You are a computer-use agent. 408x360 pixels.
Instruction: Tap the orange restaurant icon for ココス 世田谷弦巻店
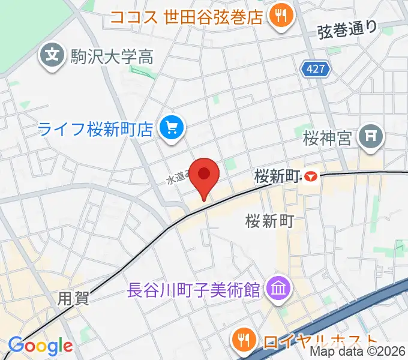point(280,14)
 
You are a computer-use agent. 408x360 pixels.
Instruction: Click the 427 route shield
point(316,70)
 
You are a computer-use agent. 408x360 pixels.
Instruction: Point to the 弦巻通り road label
point(348,28)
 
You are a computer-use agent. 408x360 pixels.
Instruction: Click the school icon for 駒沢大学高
point(52,56)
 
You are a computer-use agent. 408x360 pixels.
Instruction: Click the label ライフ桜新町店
point(97,128)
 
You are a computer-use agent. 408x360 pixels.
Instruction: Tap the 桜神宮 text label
point(328,139)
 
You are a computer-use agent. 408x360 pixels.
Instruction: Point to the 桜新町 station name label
point(277,176)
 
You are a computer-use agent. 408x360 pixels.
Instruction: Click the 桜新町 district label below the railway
point(269,221)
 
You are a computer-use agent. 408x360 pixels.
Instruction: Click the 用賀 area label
point(74,298)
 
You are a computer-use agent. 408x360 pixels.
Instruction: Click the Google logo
point(40,345)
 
